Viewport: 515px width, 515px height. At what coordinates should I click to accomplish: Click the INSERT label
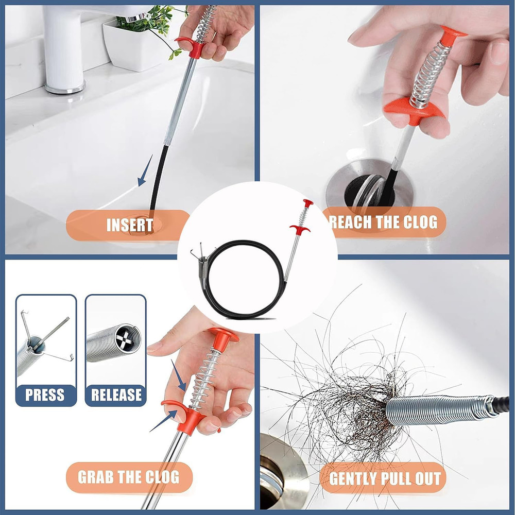pyautogui.click(x=129, y=226)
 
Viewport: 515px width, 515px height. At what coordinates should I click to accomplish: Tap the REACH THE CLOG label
pyautogui.click(x=384, y=222)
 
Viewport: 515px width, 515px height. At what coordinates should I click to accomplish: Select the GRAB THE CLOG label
pyautogui.click(x=129, y=477)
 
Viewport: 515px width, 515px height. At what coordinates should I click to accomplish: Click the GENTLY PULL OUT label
pyautogui.click(x=385, y=478)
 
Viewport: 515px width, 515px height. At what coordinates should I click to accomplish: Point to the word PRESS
pyautogui.click(x=45, y=395)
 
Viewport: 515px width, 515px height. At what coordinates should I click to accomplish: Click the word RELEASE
pyautogui.click(x=116, y=395)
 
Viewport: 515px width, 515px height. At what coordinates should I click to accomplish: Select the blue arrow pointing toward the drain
pyautogui.click(x=145, y=173)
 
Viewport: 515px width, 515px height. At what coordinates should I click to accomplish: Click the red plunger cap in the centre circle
pyautogui.click(x=308, y=203)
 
